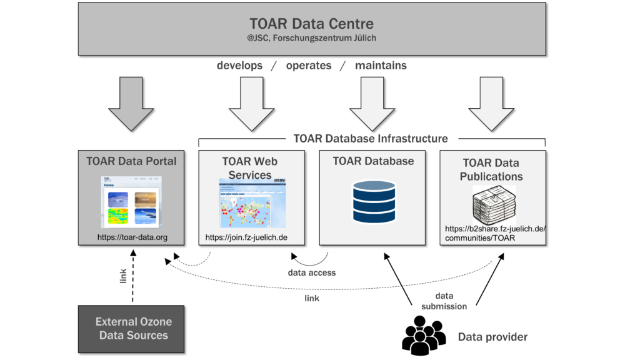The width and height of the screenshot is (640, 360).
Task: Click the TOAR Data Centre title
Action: click(311, 24)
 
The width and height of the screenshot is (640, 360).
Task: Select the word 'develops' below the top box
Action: click(239, 66)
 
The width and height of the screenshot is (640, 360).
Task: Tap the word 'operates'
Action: click(309, 66)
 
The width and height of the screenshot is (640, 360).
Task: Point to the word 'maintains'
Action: click(381, 66)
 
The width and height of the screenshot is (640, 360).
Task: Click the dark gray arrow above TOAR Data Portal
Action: click(131, 102)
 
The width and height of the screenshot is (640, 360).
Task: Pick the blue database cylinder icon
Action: click(374, 201)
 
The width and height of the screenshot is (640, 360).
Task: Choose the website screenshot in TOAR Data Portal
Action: click(131, 201)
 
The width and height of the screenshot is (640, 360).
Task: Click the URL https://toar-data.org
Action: click(132, 237)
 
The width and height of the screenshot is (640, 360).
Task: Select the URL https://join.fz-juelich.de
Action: click(246, 237)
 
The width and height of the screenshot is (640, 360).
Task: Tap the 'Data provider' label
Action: click(492, 337)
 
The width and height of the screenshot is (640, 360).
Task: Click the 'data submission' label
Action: click(444, 301)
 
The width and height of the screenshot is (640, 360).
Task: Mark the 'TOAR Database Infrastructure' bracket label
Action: click(371, 139)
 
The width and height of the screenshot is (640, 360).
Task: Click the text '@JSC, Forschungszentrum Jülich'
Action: click(311, 39)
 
